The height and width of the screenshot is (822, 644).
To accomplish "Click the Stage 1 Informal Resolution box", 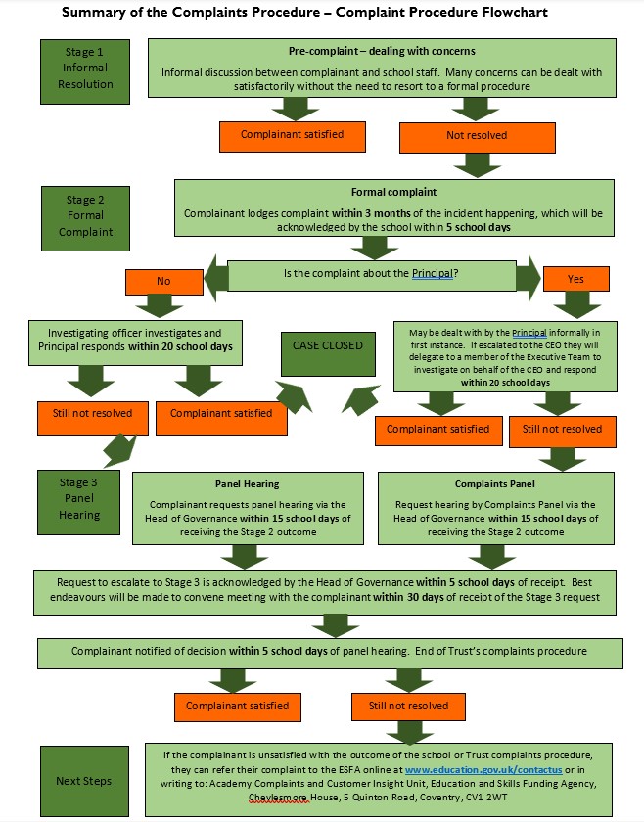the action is [x=85, y=71].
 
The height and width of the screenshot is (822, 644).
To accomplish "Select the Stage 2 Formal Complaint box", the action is [x=85, y=218].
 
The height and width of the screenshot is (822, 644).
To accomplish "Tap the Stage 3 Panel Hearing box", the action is [x=78, y=502].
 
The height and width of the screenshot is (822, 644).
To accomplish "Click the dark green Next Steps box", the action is [x=84, y=781].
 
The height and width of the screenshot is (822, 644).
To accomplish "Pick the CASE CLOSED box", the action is [x=328, y=354].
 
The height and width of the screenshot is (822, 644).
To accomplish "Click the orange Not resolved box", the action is [x=478, y=137].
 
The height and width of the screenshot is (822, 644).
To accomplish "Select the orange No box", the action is [x=164, y=282].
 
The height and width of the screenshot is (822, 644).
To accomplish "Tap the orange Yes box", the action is [x=575, y=279].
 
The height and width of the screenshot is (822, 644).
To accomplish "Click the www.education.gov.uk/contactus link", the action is [x=483, y=770].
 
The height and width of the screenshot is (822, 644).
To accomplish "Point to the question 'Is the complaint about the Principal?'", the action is [x=371, y=273].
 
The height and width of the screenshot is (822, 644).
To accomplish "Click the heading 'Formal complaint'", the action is [x=393, y=193].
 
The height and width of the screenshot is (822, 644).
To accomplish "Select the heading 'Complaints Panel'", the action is [x=495, y=483].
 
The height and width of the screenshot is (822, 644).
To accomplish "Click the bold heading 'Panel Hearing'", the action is [x=247, y=483].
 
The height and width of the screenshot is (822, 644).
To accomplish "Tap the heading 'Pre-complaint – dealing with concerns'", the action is [x=382, y=51].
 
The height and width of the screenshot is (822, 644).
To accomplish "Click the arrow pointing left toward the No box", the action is [x=216, y=278].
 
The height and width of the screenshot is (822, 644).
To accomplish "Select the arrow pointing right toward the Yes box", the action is [x=529, y=278].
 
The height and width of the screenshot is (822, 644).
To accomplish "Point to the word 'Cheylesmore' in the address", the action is [x=277, y=798].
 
